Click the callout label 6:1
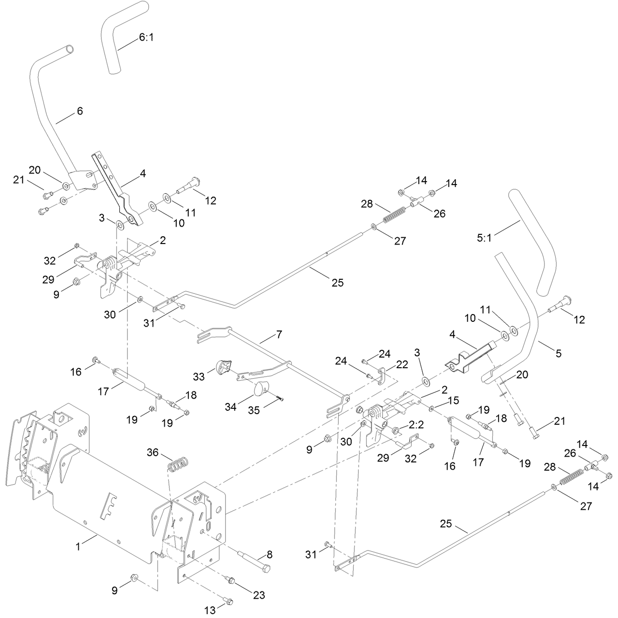click(x=146, y=38)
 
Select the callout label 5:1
click(x=484, y=238)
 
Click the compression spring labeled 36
click(x=178, y=464)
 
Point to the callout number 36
click(x=153, y=452)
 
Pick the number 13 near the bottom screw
click(x=210, y=610)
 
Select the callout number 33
click(x=199, y=376)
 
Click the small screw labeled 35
click(x=280, y=399)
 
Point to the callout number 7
click(x=279, y=334)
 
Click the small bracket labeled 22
click(x=381, y=376)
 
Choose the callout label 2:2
click(x=417, y=425)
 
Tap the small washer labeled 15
click(x=431, y=409)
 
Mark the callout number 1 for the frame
click(x=78, y=546)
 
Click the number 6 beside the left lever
click(x=80, y=111)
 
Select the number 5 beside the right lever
click(x=559, y=353)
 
